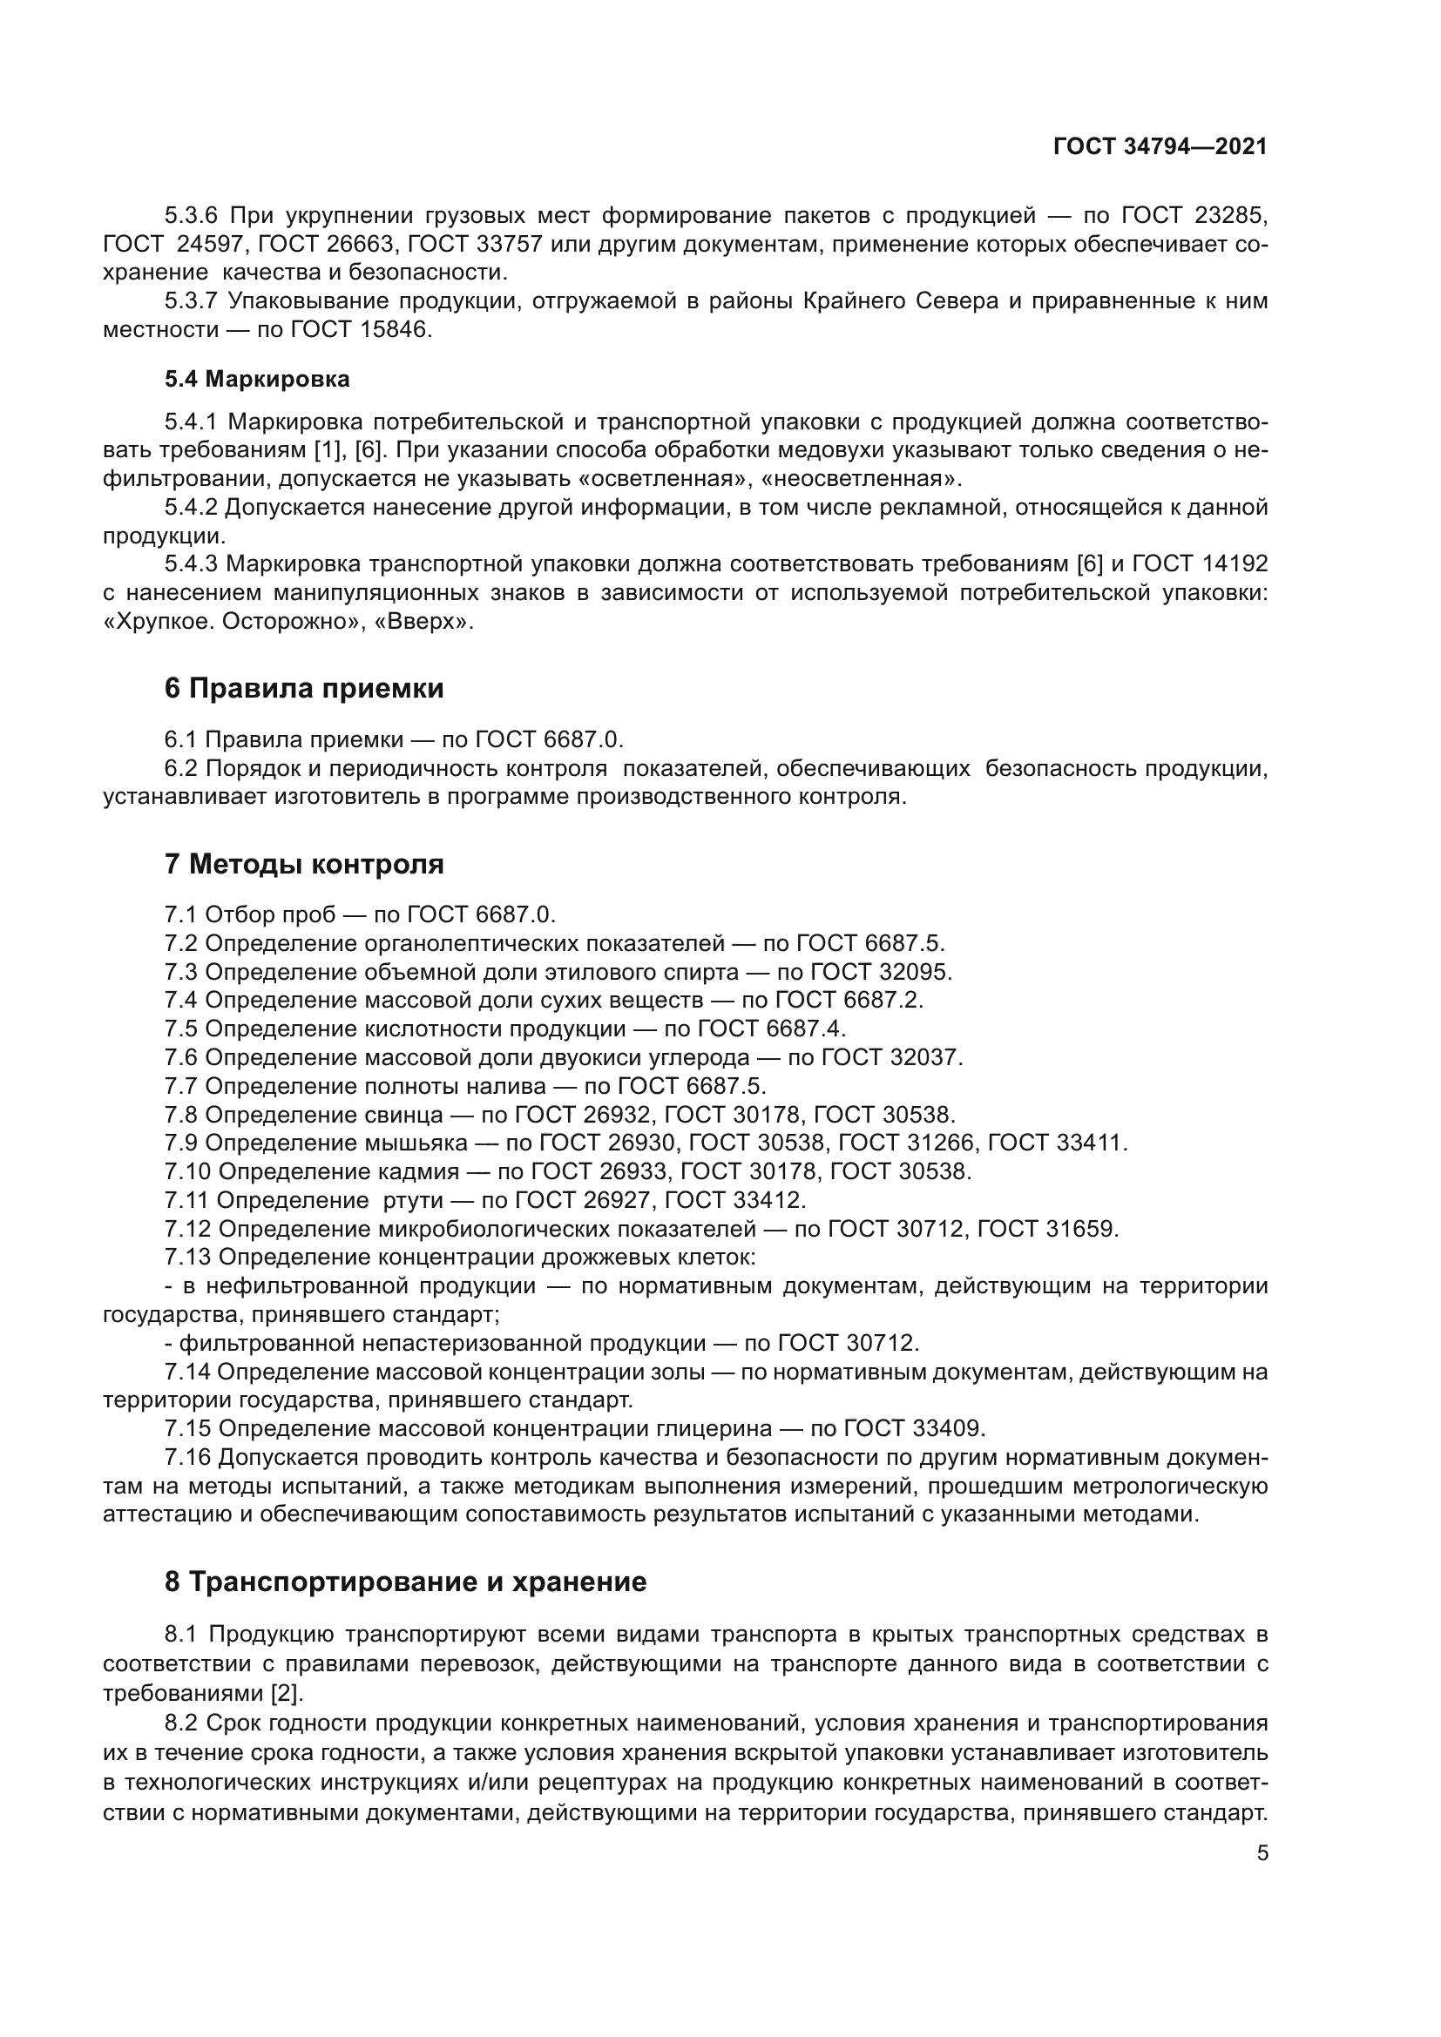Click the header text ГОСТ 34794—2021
point(1160,147)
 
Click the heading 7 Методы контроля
point(303,863)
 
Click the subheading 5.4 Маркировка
point(256,380)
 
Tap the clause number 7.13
point(187,1258)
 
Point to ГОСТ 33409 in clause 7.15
point(913,1428)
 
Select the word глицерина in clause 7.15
point(727,1428)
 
